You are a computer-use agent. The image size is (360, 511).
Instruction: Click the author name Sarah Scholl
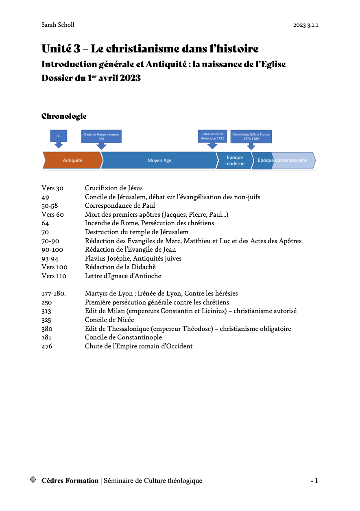[x=58, y=25]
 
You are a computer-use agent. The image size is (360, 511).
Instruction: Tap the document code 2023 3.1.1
[x=305, y=25]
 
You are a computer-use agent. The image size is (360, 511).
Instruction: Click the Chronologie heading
[x=64, y=116]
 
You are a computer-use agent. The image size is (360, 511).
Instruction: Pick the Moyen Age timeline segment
[x=159, y=160]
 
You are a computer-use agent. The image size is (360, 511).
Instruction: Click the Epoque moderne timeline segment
[x=235, y=160]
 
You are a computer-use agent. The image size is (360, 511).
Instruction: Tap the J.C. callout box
[x=59, y=136]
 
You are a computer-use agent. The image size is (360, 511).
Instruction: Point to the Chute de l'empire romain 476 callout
[x=101, y=136]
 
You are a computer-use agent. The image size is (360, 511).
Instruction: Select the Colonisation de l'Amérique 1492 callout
[x=212, y=136]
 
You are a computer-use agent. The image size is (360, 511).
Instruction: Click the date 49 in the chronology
[x=45, y=197]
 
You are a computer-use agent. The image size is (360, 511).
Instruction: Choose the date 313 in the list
[x=46, y=311]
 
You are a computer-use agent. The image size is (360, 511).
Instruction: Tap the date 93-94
[x=50, y=259]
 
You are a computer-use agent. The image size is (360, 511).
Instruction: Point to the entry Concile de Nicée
[x=109, y=320]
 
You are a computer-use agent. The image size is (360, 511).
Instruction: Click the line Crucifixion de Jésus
[x=113, y=188]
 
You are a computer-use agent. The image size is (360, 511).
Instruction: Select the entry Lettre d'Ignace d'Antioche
[x=123, y=276]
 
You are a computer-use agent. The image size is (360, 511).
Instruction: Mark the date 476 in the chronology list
[x=47, y=346]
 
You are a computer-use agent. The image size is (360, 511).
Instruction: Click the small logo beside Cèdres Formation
[x=33, y=480]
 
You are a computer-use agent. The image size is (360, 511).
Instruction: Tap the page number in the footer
[x=314, y=481]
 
